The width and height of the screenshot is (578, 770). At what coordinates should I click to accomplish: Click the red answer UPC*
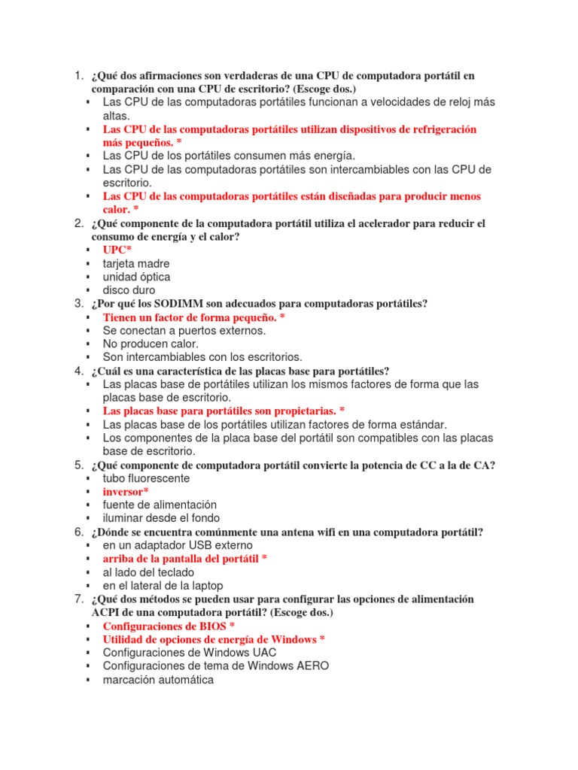point(117,250)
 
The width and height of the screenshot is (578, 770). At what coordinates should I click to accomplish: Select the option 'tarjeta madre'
point(136,263)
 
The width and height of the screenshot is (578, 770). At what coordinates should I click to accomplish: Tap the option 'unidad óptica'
point(136,277)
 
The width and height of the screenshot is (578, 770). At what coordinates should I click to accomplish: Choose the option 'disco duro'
point(129,290)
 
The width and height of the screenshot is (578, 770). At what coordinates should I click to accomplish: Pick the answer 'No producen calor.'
point(151,344)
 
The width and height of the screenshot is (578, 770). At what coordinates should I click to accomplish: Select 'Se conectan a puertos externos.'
point(184,330)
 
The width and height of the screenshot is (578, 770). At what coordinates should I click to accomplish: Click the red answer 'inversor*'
point(126,491)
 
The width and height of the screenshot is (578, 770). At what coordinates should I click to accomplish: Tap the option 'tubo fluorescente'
point(146,478)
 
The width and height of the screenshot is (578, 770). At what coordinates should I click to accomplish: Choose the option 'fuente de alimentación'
point(160,505)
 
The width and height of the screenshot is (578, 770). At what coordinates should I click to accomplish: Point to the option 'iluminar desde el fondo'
point(161,518)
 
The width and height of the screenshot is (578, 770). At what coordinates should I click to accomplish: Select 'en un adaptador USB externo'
point(178,545)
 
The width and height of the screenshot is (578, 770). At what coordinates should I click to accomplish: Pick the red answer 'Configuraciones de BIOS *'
point(169,626)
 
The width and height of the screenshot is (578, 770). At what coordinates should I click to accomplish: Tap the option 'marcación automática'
point(158,680)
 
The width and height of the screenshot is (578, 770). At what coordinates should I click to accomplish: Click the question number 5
point(78,465)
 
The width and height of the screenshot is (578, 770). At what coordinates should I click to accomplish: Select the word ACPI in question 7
point(105,613)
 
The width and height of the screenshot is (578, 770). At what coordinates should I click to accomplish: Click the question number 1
point(78,76)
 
